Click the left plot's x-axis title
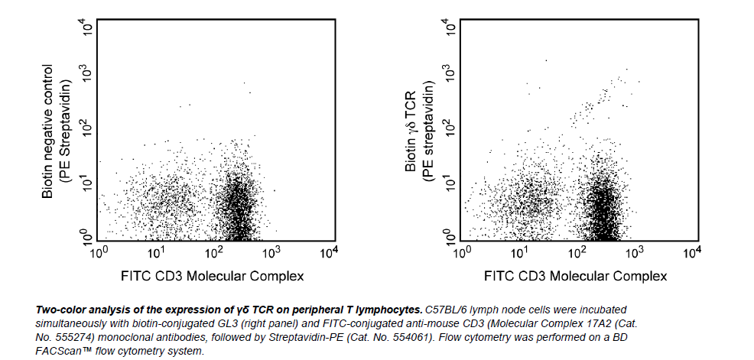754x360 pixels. point(213,276)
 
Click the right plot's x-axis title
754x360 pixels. point(577,276)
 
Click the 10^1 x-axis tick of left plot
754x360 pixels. point(156,251)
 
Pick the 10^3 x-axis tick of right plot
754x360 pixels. point(635,251)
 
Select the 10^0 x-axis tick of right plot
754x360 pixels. point(462,251)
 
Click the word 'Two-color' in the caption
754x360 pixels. point(62,310)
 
